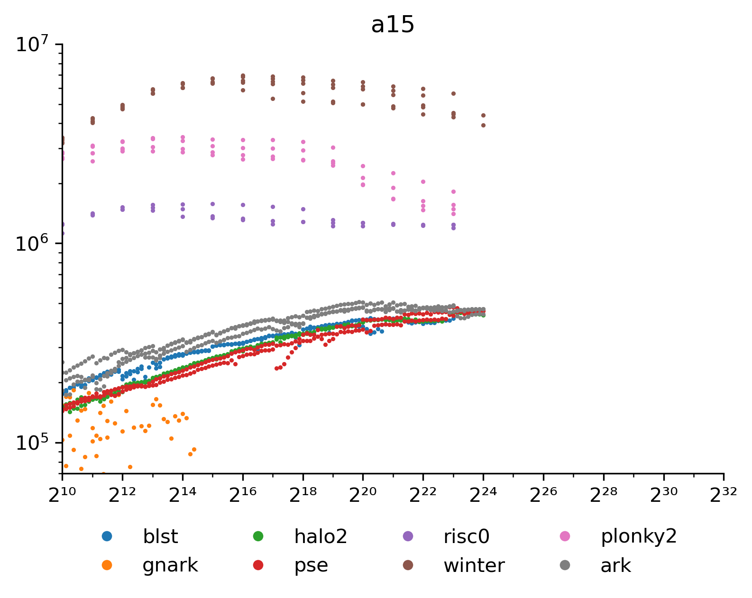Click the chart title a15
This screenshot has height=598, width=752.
pos(393,25)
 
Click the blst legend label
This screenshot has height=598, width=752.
pos(160,537)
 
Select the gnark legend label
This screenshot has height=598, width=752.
pos(170,565)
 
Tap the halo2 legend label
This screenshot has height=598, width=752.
pos(321,537)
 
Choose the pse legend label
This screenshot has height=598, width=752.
pos(311,565)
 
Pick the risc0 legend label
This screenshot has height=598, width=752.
pos(467,537)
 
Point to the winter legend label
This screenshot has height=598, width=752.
pos(474,565)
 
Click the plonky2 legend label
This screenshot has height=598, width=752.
pos(639,537)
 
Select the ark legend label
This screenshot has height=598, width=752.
pos(615,565)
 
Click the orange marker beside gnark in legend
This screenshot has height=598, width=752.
pos(107,565)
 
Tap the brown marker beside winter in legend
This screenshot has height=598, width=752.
pos(408,565)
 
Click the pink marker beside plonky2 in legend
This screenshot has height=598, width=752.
pos(565,536)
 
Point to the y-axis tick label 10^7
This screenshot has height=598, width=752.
pos(32,45)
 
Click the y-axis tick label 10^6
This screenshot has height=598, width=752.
pos(32,245)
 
